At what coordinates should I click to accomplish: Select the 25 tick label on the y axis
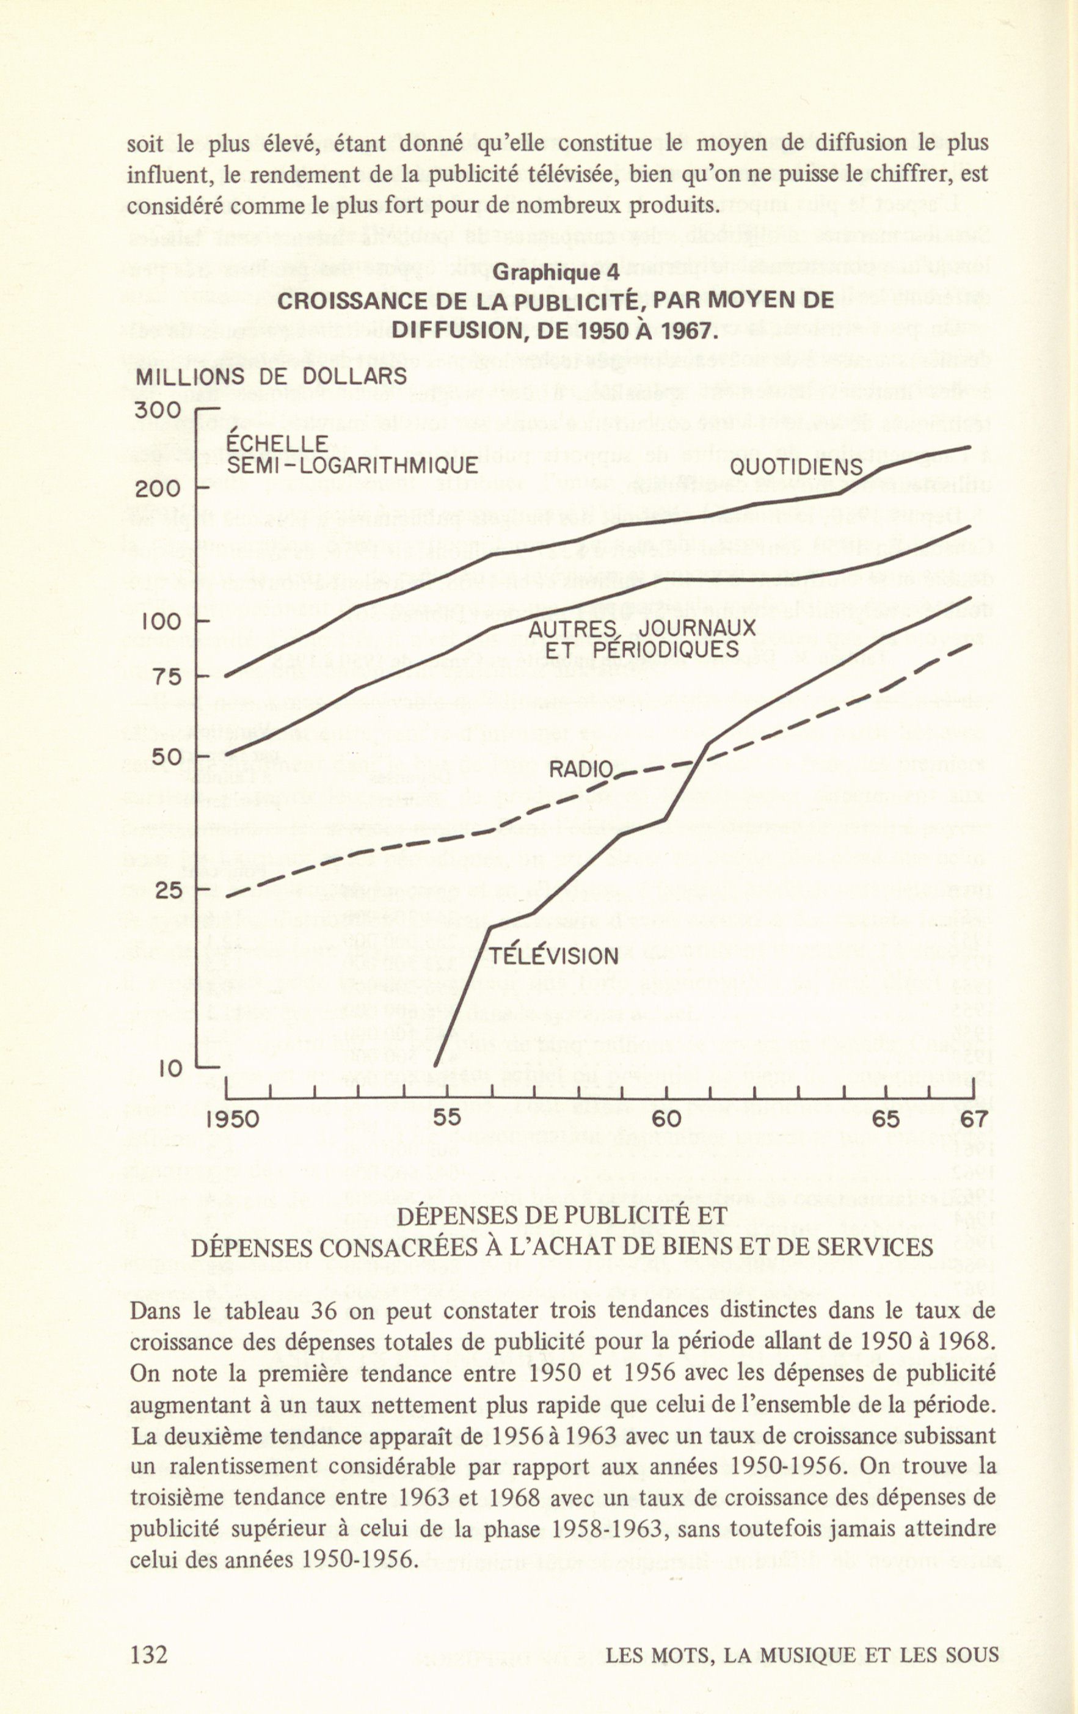pos(169,891)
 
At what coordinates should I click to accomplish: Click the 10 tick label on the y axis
pos(171,1068)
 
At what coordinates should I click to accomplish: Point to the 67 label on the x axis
pos(974,1119)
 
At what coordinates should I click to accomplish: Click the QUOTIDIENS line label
pos(796,468)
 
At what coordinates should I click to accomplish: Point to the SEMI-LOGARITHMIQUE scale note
pos(352,466)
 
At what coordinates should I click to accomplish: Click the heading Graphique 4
pos(555,272)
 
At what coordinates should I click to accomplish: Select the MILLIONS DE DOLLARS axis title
pos(271,376)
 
